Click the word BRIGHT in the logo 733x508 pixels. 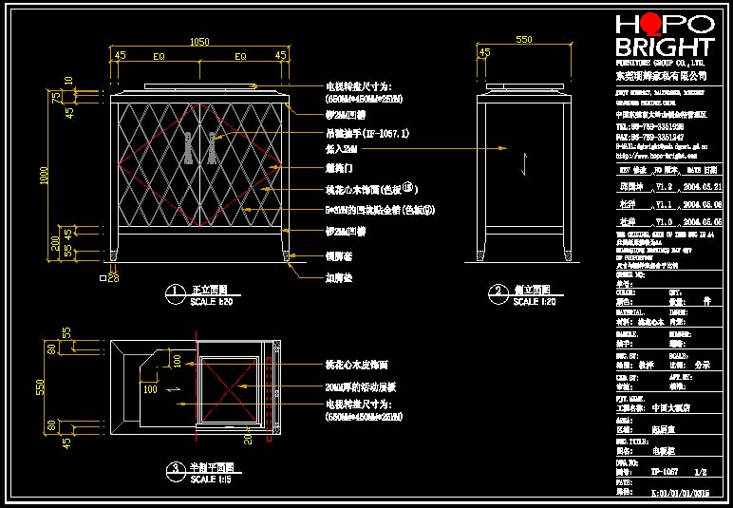(x=664, y=47)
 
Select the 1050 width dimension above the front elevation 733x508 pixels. (x=199, y=42)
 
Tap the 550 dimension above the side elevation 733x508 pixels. (x=523, y=41)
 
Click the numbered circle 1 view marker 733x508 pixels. (x=174, y=292)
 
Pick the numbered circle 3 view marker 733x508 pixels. (x=174, y=469)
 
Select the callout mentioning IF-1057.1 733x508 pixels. (x=366, y=134)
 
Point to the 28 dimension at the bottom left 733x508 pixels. (x=113, y=279)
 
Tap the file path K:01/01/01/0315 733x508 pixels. (x=680, y=493)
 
